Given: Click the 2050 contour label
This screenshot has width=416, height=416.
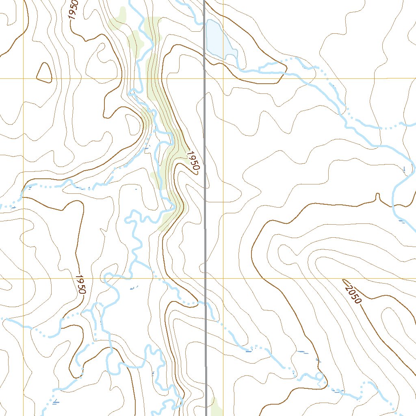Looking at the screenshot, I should point(352,291).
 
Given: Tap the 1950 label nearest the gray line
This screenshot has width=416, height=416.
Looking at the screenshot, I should point(193,161).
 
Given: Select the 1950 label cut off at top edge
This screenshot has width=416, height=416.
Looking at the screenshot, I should point(73,9).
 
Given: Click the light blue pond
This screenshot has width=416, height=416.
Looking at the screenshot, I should point(217,41).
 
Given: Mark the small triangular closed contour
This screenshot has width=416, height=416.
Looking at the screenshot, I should point(44,73).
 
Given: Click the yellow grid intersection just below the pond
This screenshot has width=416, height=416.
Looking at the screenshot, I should point(223,78).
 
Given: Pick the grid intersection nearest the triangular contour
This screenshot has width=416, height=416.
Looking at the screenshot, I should point(23,78).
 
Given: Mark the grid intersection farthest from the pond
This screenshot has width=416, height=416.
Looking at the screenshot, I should point(23,279).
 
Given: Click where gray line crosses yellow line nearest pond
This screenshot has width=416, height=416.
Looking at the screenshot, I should point(204,78).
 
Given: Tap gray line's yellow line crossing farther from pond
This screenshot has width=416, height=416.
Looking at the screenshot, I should point(205,279).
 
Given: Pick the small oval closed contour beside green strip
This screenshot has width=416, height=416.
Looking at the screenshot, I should point(132,123).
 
